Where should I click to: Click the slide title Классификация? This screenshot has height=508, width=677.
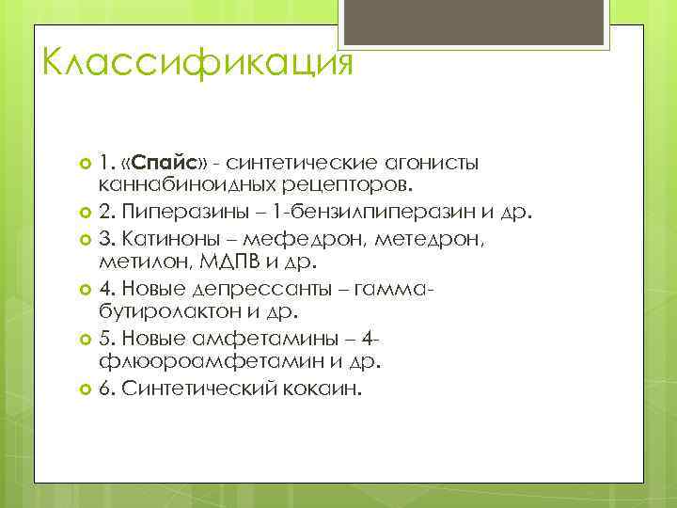[x=197, y=64]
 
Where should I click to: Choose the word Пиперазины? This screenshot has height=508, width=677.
[x=169, y=209]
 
